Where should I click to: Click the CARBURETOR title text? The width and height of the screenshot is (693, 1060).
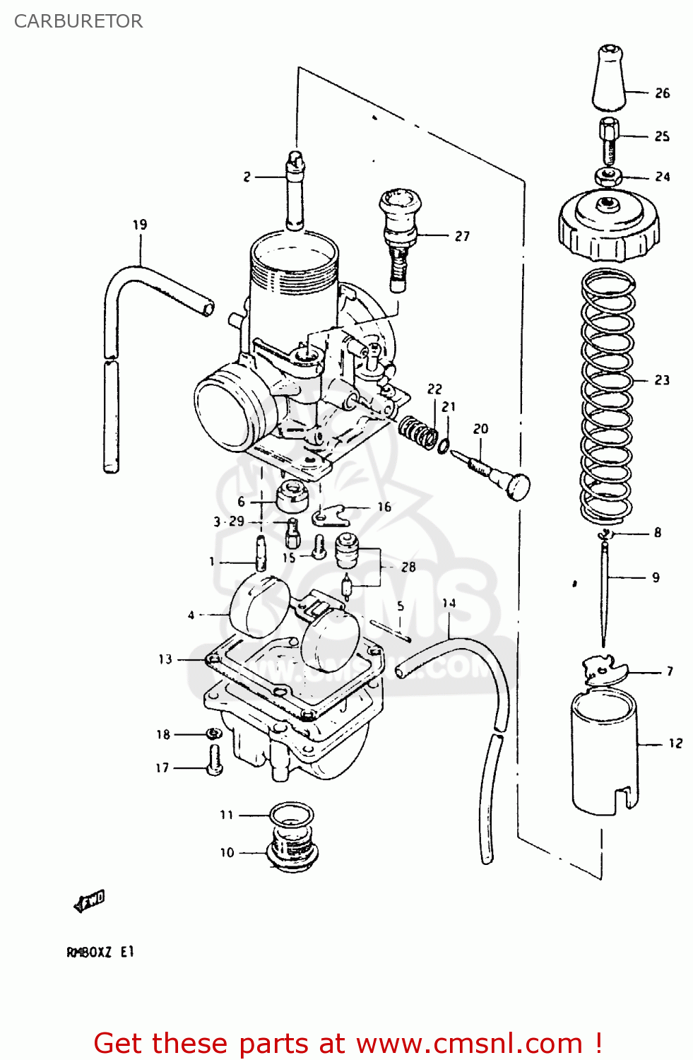pos(78,21)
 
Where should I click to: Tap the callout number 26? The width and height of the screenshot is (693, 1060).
pos(662,93)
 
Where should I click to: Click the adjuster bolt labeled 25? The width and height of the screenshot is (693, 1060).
pos(609,140)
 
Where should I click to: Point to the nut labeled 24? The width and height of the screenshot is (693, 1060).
pos(608,177)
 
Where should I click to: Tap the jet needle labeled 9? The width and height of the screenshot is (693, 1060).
pos(605,594)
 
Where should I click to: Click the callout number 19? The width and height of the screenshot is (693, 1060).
pos(140,225)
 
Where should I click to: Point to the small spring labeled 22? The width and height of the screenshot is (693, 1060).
pos(417,430)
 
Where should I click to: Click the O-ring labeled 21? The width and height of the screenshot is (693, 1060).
pos(443,446)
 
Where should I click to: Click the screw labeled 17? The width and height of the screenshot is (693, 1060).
pos(215,760)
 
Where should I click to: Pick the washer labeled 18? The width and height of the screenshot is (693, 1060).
pos(213,734)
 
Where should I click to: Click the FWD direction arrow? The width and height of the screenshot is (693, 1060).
pos(90,901)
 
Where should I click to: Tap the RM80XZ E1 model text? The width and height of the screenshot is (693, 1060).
pos(100,952)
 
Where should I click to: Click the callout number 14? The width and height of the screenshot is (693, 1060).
pos(449,603)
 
